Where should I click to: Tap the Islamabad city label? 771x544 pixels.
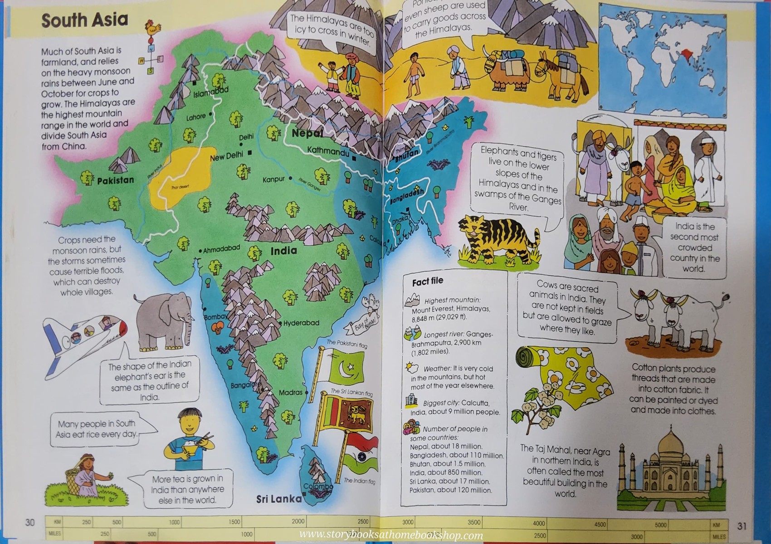click(x=211, y=92)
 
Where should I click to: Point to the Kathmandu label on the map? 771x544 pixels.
click(x=328, y=151)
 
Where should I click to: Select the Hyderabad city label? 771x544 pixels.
click(x=301, y=323)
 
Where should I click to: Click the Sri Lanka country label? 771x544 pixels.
click(x=278, y=499)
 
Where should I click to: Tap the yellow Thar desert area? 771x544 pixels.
click(x=181, y=177)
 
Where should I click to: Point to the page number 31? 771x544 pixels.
click(x=742, y=526)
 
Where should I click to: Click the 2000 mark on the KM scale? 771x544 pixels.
click(x=298, y=521)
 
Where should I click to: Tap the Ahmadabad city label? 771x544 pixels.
click(x=221, y=249)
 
